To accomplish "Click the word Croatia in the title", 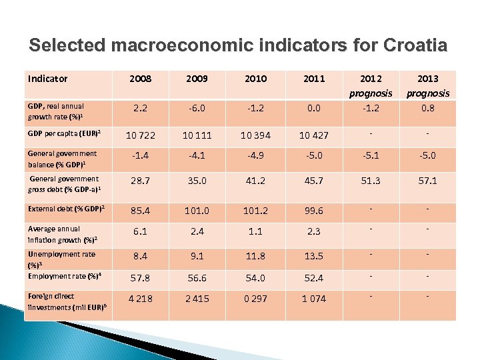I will (x=414, y=45).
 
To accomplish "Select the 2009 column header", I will (x=198, y=79).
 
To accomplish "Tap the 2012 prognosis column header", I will (x=371, y=85).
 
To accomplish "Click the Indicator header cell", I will (x=48, y=79).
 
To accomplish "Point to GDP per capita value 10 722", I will (x=141, y=135).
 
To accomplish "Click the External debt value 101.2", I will (x=256, y=211).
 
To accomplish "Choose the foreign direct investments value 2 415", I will (x=198, y=299).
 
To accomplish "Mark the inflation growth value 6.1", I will (x=141, y=231).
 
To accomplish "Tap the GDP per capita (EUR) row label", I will (x=65, y=134).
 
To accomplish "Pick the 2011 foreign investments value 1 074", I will (x=313, y=299).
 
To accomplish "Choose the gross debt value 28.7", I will (x=141, y=181).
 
